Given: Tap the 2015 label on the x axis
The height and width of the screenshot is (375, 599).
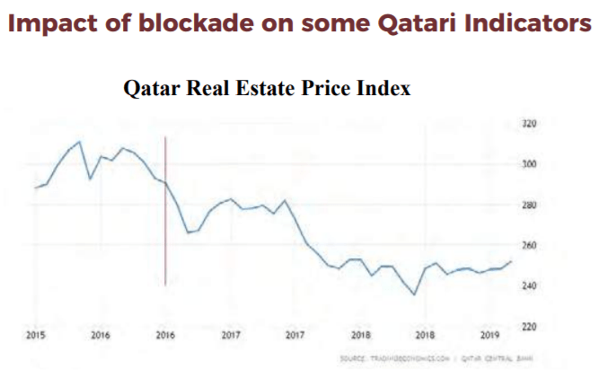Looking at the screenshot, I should coord(36,336).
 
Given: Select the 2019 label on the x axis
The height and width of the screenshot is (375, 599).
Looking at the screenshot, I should coord(488,336).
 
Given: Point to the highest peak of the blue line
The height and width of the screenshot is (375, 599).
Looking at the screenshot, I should coord(79,142).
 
